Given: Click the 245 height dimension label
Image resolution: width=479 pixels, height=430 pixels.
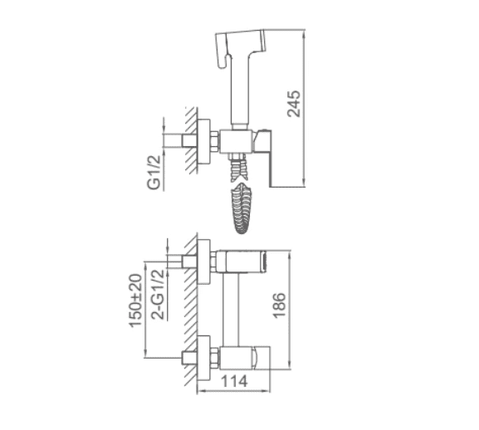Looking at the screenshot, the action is pyautogui.click(x=294, y=104).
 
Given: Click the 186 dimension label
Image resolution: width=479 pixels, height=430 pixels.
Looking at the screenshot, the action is pyautogui.click(x=279, y=305).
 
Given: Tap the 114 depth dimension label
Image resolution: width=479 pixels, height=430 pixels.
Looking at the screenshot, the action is pyautogui.click(x=234, y=381).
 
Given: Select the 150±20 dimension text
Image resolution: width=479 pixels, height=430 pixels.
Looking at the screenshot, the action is pyautogui.click(x=135, y=301).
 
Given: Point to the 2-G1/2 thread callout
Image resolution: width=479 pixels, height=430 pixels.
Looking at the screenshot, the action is pyautogui.click(x=159, y=294).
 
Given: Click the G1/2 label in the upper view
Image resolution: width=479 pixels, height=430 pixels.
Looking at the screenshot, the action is pyautogui.click(x=154, y=173).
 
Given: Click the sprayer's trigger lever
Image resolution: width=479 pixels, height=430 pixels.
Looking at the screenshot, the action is pyautogui.click(x=223, y=51).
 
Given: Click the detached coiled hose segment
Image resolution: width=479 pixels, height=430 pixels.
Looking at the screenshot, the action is pyautogui.click(x=242, y=208).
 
